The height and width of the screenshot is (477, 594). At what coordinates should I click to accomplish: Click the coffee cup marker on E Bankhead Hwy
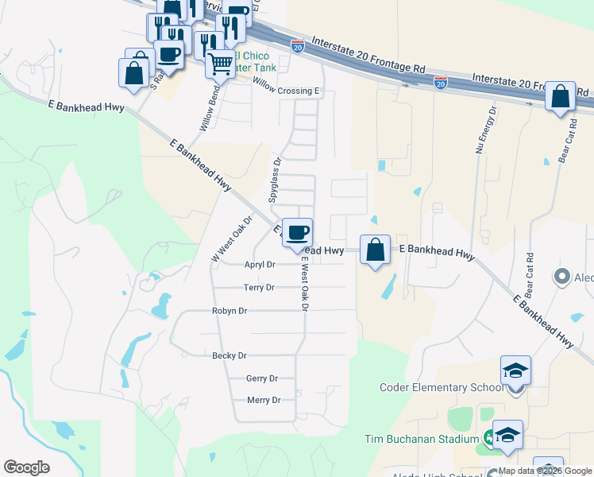(298, 233)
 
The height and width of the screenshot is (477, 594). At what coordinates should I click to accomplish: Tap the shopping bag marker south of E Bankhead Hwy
(375, 250)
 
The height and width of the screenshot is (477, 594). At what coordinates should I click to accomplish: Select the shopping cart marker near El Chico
(220, 64)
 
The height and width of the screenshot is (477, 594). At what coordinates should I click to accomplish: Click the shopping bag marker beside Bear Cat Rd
(561, 97)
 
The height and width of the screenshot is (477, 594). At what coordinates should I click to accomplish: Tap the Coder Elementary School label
(442, 388)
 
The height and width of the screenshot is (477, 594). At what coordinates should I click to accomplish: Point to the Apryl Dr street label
(260, 265)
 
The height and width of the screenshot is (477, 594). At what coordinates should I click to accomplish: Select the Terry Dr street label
(259, 287)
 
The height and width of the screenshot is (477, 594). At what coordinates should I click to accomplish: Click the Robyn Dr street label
(230, 311)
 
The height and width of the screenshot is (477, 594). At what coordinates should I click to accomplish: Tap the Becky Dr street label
(229, 355)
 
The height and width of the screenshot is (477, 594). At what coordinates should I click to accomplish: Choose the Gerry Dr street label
(262, 378)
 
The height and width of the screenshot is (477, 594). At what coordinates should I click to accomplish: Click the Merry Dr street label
(264, 400)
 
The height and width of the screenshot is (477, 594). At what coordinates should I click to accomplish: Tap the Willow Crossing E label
(286, 91)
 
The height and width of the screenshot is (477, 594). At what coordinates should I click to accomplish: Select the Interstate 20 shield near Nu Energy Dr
(441, 82)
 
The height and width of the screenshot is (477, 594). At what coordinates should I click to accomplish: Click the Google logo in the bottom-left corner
(26, 467)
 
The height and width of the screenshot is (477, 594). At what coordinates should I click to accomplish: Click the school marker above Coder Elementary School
(515, 371)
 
